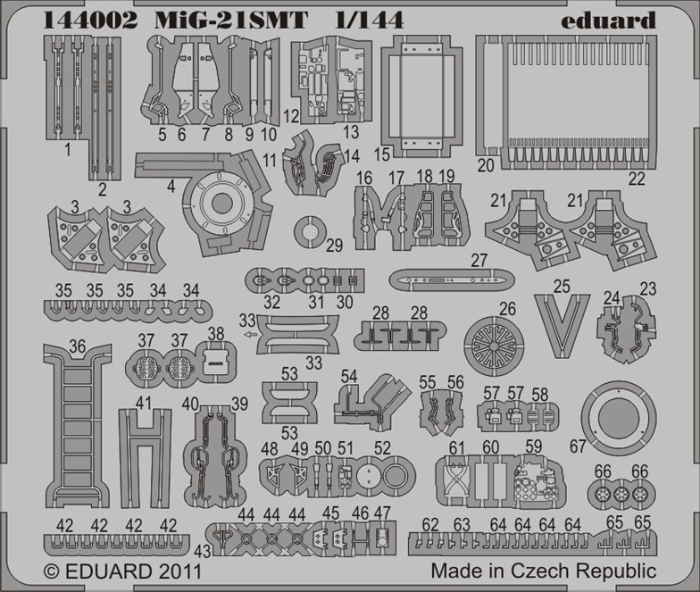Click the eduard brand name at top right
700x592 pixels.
(x=608, y=20)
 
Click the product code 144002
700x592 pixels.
(x=90, y=20)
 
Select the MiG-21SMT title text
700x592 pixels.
(x=230, y=20)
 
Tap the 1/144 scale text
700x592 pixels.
(x=370, y=20)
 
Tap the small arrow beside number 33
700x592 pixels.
(x=252, y=334)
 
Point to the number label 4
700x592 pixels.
(x=171, y=187)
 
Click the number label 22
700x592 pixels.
(x=637, y=179)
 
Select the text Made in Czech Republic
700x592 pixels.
(x=543, y=571)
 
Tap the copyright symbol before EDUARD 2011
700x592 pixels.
(x=52, y=571)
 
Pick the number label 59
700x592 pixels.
(x=534, y=446)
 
